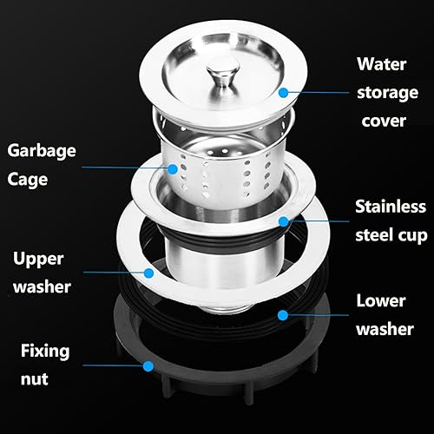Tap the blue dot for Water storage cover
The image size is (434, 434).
[284, 93]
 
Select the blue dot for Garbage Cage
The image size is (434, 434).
[173, 169]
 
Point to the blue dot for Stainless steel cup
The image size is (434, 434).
[284, 221]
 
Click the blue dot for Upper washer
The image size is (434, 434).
[148, 273]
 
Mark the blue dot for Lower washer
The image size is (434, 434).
[283, 315]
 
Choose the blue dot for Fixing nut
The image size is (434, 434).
[148, 366]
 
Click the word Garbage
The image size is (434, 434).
[42, 151]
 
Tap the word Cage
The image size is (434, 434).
[28, 180]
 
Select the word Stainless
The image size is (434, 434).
[391, 207]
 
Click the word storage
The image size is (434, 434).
[388, 93]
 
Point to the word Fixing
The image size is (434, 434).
[45, 352]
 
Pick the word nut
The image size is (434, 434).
[34, 379]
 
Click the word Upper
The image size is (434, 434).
[38, 259]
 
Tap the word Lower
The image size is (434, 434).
[381, 301]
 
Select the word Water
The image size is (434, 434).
[382, 64]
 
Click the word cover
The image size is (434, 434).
[384, 121]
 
